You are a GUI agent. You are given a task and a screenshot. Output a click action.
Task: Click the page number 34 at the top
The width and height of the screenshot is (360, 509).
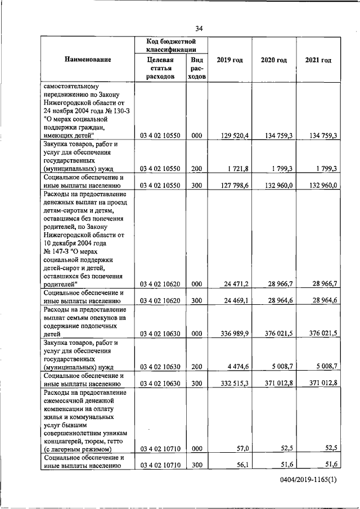(x=199, y=29)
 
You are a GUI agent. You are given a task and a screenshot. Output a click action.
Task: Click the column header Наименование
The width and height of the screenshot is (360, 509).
(x=87, y=60)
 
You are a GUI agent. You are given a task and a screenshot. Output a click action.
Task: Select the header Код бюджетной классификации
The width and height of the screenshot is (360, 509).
(x=170, y=46)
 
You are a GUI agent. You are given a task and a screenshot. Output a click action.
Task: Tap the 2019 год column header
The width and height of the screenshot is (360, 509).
(x=229, y=60)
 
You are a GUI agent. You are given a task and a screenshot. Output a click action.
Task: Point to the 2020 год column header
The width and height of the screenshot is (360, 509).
(x=273, y=60)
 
